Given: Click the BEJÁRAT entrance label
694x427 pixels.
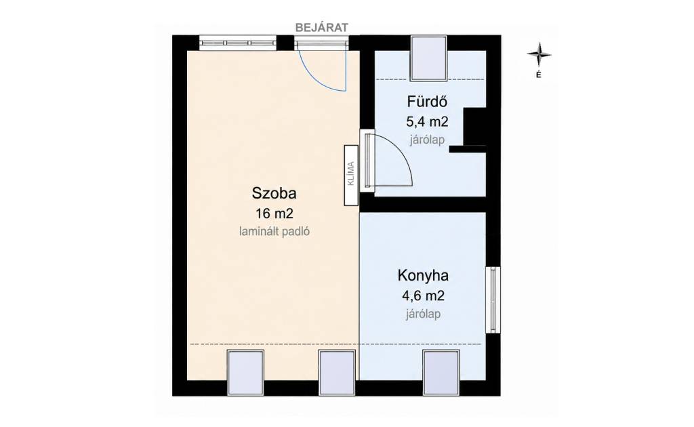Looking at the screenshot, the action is pos(322,27).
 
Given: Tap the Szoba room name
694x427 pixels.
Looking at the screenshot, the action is pos(274,193).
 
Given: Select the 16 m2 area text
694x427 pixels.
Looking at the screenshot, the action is pos(274,213).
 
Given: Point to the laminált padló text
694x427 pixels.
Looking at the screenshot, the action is pos(274,231).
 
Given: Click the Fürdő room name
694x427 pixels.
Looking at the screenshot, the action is pos(427,102).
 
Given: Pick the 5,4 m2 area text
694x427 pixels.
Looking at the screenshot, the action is pos(427,121).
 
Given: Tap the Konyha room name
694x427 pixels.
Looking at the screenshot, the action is pos(423,276).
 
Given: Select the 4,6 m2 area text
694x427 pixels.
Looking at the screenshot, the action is pos(423,295).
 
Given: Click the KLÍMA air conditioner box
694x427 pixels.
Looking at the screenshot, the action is pos(351,175).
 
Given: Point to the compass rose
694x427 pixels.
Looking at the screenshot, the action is pos(539,55).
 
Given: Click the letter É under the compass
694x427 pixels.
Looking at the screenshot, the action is pos(539,75).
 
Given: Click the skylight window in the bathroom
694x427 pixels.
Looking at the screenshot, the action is pos(428,58).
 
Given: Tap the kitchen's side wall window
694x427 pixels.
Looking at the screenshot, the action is pos(493,300).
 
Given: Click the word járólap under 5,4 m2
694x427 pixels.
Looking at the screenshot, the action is pos(427,140).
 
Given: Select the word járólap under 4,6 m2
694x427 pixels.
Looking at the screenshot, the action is pos(423,314).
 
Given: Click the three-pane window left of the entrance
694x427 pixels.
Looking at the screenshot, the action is pos(238,43).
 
